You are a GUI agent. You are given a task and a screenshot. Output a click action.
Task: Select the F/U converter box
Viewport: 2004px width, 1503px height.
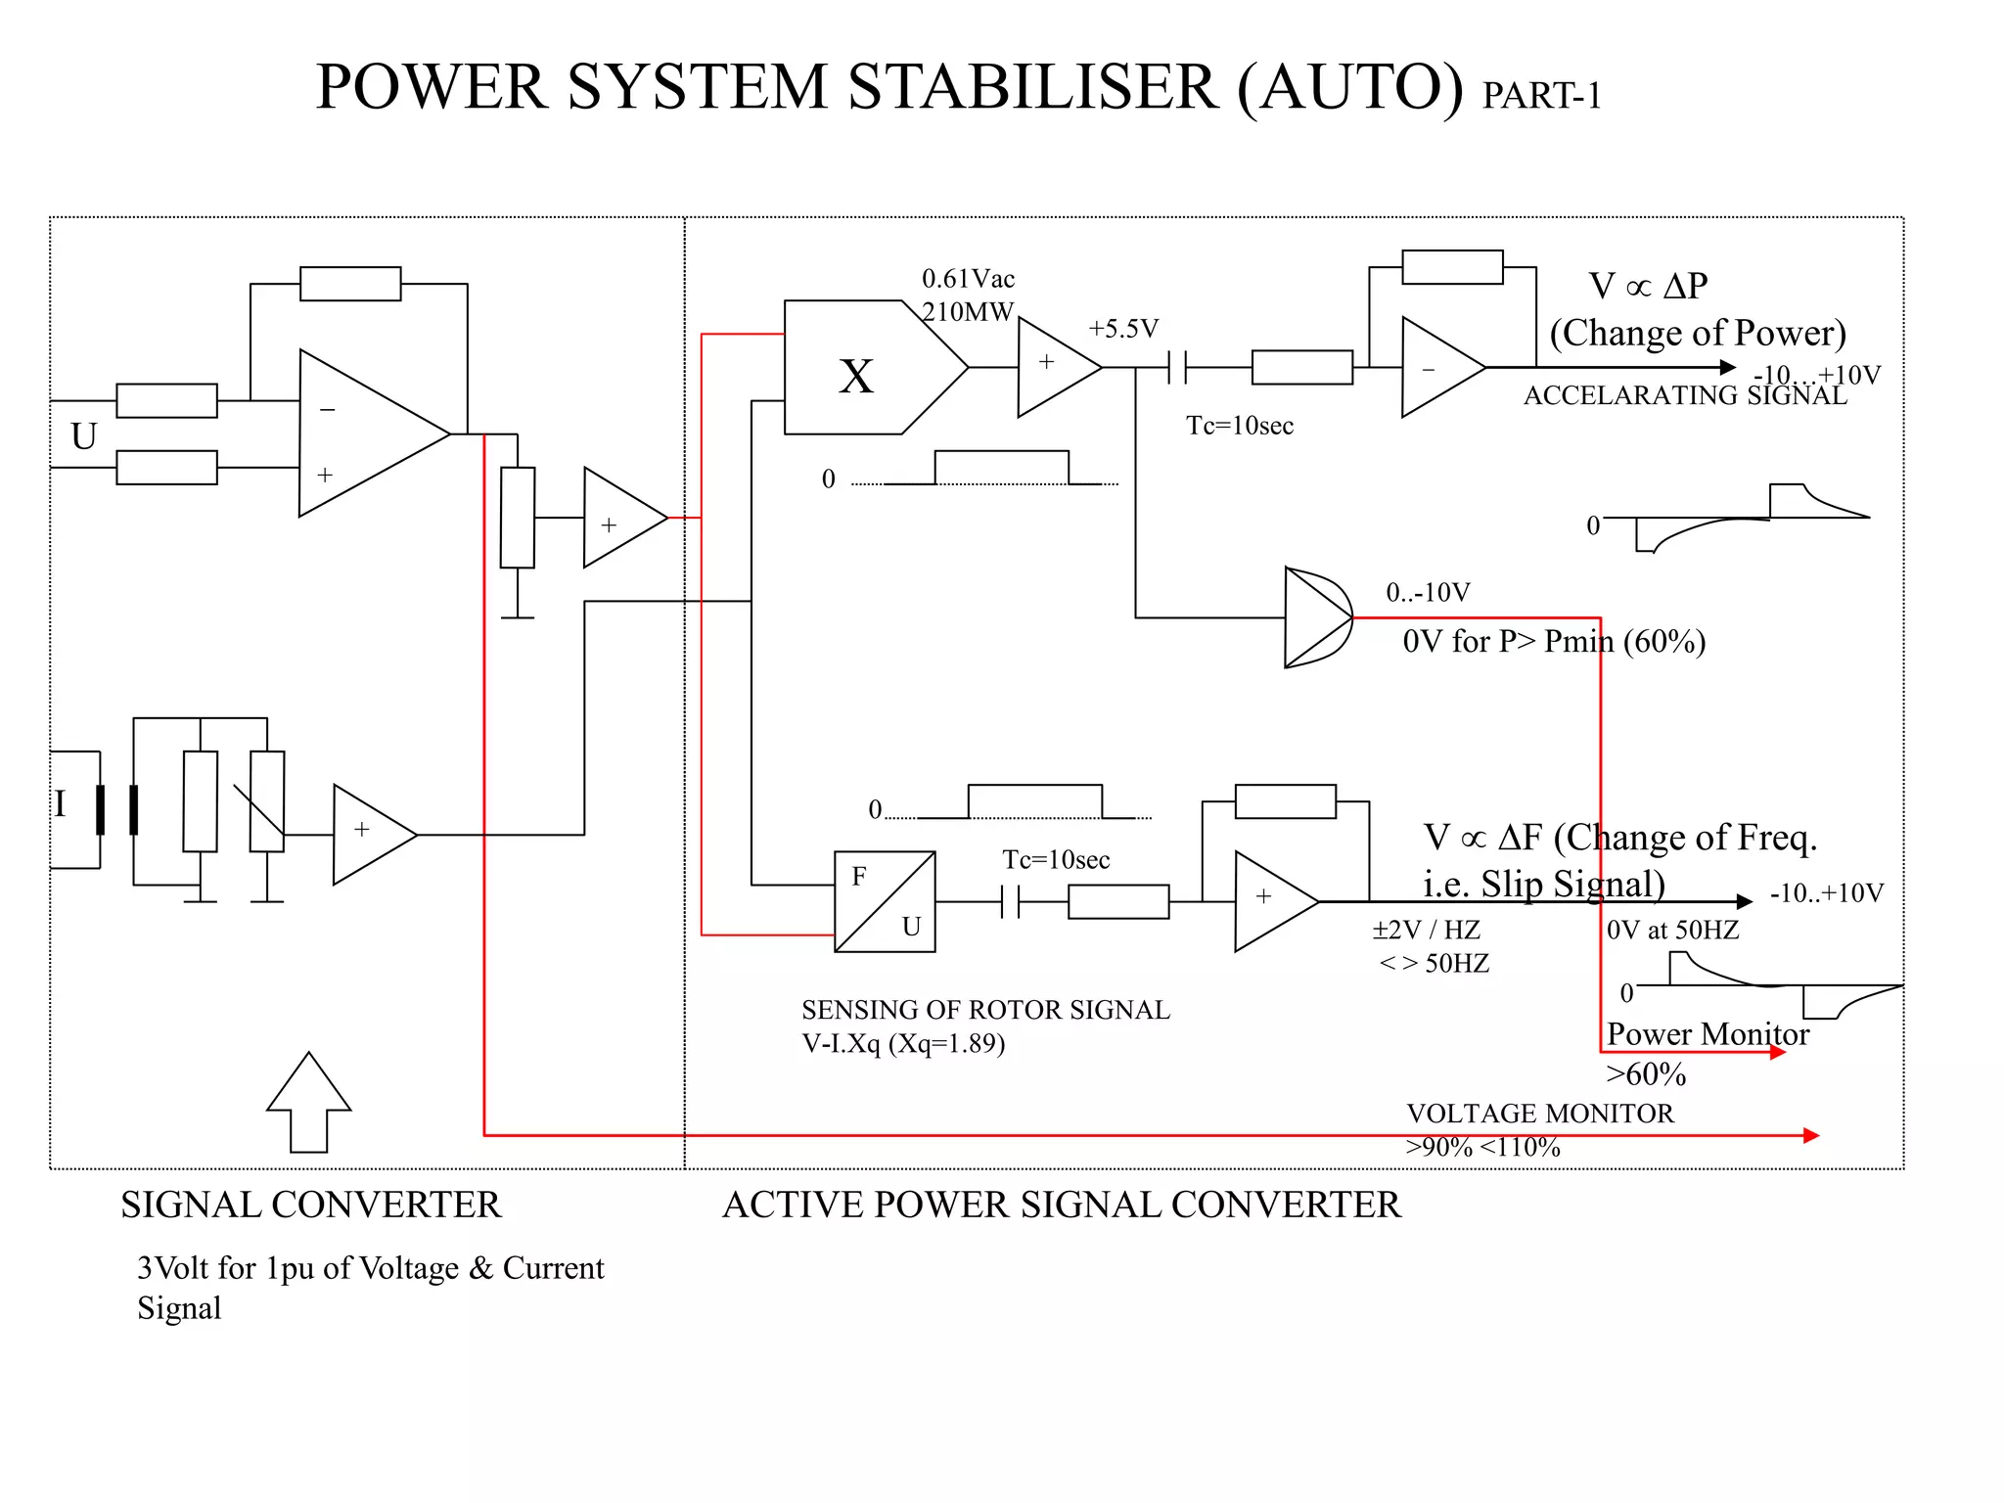pyautogui.click(x=885, y=901)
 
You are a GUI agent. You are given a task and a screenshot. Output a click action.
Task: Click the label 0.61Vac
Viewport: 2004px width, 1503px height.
pyautogui.click(x=968, y=279)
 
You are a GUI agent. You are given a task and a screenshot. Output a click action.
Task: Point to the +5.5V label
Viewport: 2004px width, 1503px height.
pyautogui.click(x=1122, y=329)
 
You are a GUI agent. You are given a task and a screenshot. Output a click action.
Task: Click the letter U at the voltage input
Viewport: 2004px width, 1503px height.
pyautogui.click(x=84, y=435)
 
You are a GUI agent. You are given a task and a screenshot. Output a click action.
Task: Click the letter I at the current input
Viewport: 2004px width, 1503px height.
pyautogui.click(x=60, y=803)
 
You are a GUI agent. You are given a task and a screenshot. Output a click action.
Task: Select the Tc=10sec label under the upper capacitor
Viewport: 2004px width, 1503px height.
pyautogui.click(x=1239, y=426)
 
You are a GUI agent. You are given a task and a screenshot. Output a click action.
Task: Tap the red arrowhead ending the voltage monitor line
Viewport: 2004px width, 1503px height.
pyautogui.click(x=1810, y=1135)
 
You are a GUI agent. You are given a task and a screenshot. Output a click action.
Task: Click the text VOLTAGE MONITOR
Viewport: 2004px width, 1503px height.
pyautogui.click(x=1539, y=1114)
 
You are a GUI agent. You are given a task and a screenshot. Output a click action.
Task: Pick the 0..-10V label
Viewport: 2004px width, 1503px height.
pyautogui.click(x=1428, y=592)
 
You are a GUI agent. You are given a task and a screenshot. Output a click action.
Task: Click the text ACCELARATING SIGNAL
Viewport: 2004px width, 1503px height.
pyautogui.click(x=1684, y=395)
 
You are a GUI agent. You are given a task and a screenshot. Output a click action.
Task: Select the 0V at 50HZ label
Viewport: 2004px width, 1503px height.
pyautogui.click(x=1672, y=930)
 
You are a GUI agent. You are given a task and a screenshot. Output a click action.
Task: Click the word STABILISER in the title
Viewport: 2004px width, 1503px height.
pyautogui.click(x=1032, y=87)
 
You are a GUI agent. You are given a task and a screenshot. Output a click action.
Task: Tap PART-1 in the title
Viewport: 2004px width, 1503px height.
pyautogui.click(x=1541, y=96)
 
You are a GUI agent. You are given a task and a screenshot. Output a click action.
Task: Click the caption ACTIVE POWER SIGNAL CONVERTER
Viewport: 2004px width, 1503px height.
pyautogui.click(x=1061, y=1205)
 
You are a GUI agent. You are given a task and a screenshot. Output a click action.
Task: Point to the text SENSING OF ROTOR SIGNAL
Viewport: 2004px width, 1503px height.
pyautogui.click(x=985, y=1010)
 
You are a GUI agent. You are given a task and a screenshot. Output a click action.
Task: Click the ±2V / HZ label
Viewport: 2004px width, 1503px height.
pyautogui.click(x=1426, y=930)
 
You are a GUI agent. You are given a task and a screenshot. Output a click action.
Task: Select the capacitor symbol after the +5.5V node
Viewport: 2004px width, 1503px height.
pyautogui.click(x=1177, y=368)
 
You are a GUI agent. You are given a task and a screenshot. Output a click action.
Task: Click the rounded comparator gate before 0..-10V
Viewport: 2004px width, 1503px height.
pyautogui.click(x=1317, y=617)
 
